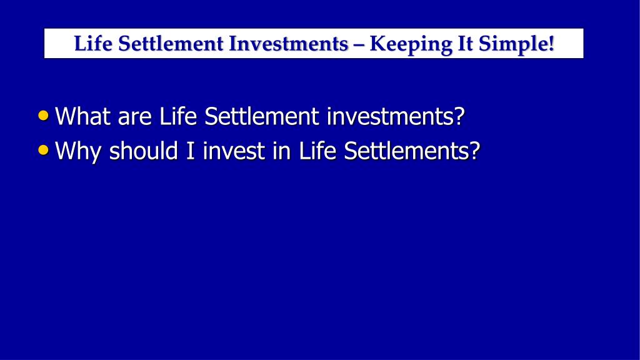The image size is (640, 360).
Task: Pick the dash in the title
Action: coord(359,45)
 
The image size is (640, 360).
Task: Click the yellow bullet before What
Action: coord(43,116)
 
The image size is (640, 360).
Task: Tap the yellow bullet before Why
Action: coord(43,150)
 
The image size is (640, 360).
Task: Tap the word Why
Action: coord(78,152)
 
